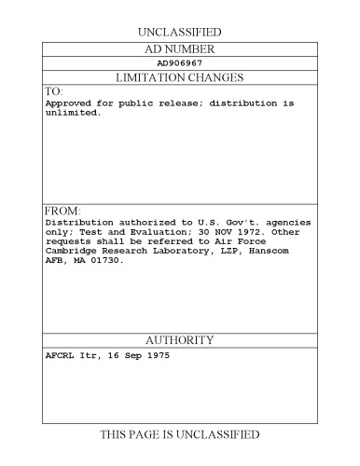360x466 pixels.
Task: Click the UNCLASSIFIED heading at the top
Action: click(180, 31)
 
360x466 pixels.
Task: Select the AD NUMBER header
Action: click(180, 48)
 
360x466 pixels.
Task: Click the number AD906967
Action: click(180, 63)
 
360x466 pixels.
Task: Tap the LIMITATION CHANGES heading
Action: click(180, 77)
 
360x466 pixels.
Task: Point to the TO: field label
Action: click(52, 91)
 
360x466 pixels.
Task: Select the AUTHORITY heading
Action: click(180, 340)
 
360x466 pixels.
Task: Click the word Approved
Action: click(66, 103)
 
